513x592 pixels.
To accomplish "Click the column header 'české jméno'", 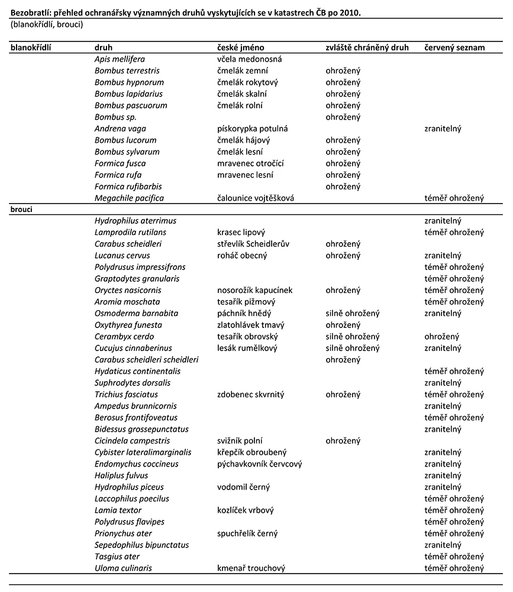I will pyautogui.click(x=241, y=47).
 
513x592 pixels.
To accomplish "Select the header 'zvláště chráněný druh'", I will pyautogui.click(x=367, y=47).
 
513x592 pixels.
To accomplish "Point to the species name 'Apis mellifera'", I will pyautogui.click(x=120, y=59).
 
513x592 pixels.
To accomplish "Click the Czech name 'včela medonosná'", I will pyautogui.click(x=250, y=59).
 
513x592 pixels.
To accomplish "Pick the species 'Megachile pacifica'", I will pyautogui.click(x=129, y=198).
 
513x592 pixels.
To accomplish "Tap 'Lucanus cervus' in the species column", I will pyautogui.click(x=122, y=256).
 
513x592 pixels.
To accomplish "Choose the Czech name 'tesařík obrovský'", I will pyautogui.click(x=246, y=336).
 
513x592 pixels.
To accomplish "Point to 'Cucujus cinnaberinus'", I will pyautogui.click(x=133, y=348).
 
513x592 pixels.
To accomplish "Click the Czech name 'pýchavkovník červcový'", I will pyautogui.click(x=260, y=464).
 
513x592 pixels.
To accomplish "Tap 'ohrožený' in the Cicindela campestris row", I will pyautogui.click(x=343, y=441).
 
